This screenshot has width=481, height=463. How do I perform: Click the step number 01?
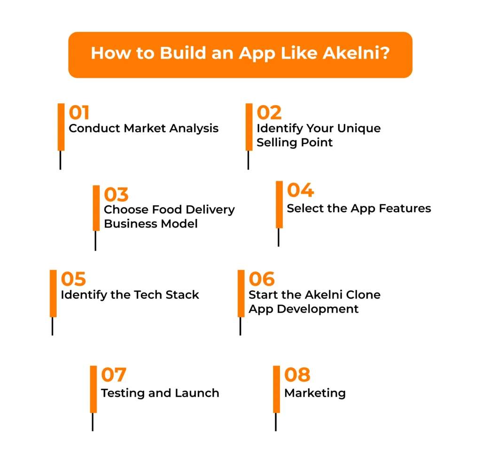pos(79,113)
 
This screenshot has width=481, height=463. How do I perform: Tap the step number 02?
pos(269,113)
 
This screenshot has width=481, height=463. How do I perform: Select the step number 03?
pos(116,194)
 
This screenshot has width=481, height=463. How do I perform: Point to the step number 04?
pos(300,190)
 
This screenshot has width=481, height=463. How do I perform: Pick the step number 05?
pos(73,279)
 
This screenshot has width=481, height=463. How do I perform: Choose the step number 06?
pos(262,279)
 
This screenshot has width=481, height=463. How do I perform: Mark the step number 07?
pos(114,375)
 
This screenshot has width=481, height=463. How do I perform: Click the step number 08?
pos(297,375)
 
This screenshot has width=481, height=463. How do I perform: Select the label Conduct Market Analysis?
pos(144,128)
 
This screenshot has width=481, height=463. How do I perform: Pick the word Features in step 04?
pos(404,208)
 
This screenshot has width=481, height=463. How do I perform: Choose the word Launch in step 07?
pos(198,393)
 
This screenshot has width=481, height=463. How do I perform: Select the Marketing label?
pos(315,393)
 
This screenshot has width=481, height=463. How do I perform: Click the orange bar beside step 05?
pos(53,293)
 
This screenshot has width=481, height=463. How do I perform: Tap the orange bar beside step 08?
pos(277,389)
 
